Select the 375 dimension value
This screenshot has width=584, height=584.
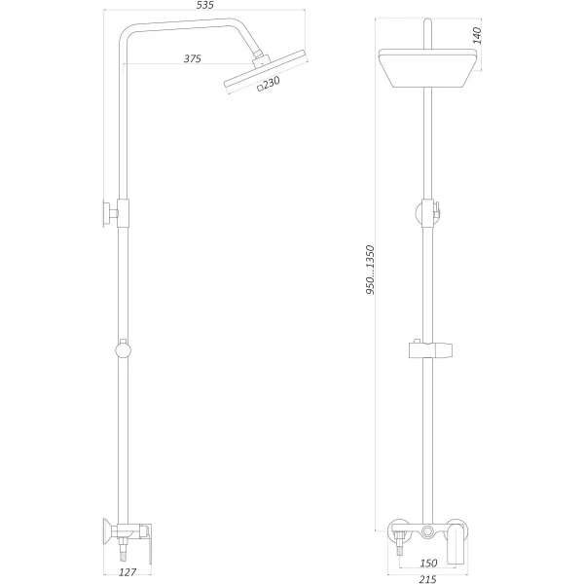192,59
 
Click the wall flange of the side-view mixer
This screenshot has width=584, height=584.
100,531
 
